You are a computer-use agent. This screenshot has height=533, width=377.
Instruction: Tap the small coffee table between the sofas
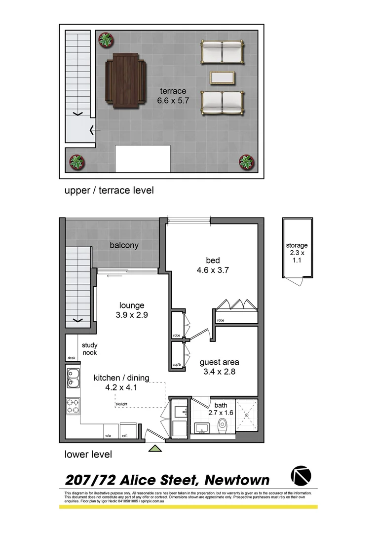(x=222, y=77)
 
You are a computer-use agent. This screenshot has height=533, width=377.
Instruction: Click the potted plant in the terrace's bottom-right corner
(x=246, y=161)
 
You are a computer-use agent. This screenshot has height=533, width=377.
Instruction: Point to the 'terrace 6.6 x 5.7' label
(x=173, y=95)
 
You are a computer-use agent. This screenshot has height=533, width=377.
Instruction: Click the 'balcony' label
(x=124, y=245)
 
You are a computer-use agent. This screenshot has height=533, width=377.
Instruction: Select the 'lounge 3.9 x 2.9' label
(x=131, y=310)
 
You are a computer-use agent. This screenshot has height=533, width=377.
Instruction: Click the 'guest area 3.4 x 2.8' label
(x=220, y=367)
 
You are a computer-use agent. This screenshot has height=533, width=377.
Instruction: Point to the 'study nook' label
(x=90, y=349)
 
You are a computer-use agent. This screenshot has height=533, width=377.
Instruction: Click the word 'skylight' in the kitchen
(x=122, y=404)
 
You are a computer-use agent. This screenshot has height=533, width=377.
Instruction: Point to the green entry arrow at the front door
(x=155, y=448)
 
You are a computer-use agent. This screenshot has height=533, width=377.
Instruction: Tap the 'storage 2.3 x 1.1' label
(x=297, y=253)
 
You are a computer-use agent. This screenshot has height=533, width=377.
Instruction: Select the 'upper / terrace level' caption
(x=109, y=190)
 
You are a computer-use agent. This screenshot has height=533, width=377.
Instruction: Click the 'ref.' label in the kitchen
(x=124, y=436)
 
